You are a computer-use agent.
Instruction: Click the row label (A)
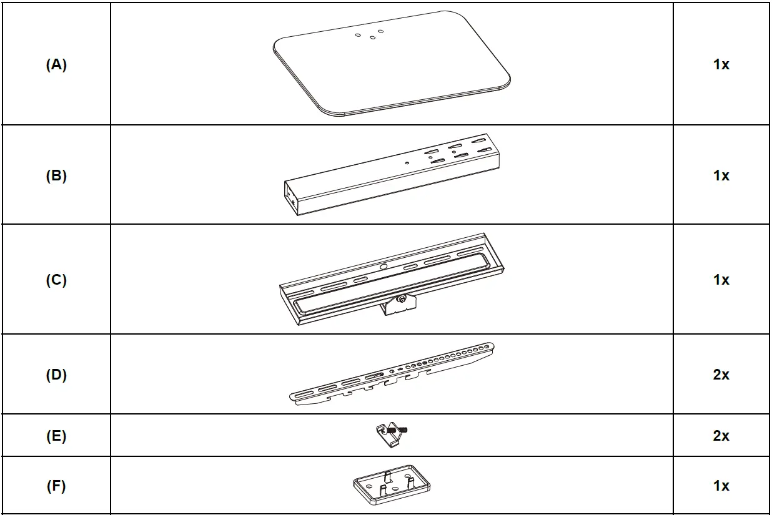click(x=56, y=64)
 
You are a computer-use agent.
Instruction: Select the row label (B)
click(x=56, y=176)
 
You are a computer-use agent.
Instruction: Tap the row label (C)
click(x=56, y=280)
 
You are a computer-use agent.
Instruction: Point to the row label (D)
click(x=56, y=375)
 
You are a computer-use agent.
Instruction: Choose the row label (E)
click(x=56, y=436)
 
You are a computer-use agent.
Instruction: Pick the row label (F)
click(x=56, y=486)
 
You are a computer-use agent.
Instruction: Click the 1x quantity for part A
click(x=721, y=64)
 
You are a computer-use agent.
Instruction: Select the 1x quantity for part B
click(x=721, y=176)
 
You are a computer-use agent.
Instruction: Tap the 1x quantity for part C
click(x=721, y=280)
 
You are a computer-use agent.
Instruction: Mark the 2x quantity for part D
click(x=721, y=375)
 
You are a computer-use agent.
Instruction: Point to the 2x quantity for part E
click(x=721, y=436)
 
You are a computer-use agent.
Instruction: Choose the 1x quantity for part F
click(x=721, y=486)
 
